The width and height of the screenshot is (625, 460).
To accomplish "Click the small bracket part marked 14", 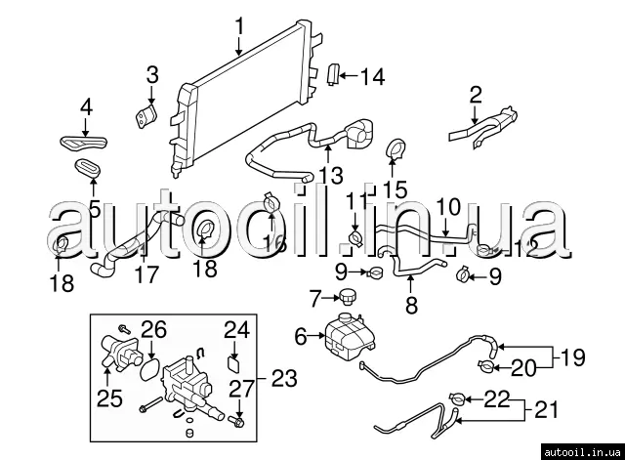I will tap(332, 74).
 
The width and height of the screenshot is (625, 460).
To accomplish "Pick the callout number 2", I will tap(476, 95).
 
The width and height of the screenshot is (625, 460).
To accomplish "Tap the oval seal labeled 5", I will tap(88, 167).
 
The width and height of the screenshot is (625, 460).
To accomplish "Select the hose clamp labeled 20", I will tap(486, 368).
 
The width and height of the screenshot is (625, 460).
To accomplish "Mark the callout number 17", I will tap(146, 275).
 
